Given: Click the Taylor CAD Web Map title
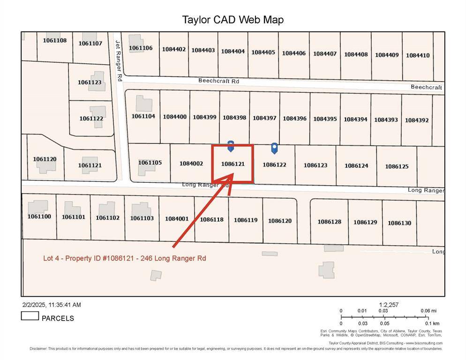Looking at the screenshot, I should pos(233,20).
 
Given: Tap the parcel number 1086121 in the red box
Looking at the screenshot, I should pos(233,164).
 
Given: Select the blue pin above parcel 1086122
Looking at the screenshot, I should pos(274,148).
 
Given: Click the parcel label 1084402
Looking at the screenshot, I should pos(174,49).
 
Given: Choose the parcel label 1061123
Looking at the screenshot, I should pos(90,82).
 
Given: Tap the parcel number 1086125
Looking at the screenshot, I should pos(397,166).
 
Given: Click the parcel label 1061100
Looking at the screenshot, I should pos(39,217).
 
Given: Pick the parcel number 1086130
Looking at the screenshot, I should pos(399,223).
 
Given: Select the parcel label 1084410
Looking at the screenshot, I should pos(418,55).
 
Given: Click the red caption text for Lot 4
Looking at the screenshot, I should pos(125,258).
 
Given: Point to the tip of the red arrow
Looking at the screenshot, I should pos(233,174).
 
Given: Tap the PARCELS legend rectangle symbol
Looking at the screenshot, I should pos(30,316).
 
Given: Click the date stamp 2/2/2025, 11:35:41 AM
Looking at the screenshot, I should pos(52,305).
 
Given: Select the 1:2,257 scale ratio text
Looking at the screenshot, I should pos(389,305).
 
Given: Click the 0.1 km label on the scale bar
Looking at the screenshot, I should pos(432,323).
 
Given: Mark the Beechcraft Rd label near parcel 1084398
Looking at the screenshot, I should pos(218,81).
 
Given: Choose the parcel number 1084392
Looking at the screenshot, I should pos(417,120).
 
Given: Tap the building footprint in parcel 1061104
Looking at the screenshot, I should pos(144,104).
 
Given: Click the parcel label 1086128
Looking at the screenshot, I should pos(330,222).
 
